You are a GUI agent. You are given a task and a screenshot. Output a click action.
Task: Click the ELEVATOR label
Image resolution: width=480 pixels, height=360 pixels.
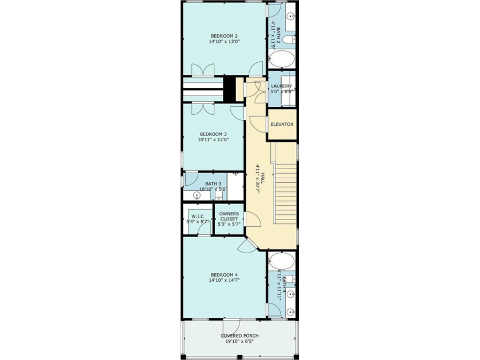tap(282, 125)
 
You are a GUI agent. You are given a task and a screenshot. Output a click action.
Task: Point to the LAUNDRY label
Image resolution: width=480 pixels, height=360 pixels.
tap(282, 86)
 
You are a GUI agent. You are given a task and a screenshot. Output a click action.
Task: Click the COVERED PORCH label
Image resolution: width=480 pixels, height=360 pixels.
tap(240, 335)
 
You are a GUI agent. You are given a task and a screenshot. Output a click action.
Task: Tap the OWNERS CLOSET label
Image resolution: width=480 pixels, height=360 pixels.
tap(229, 216)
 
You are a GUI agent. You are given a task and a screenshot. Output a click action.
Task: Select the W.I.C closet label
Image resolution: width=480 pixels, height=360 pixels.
tap(198, 217)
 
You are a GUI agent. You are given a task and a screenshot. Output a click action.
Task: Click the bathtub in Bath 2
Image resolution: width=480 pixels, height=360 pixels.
tap(282, 59)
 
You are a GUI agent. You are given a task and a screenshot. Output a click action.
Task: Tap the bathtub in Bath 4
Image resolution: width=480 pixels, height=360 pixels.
tap(282, 262)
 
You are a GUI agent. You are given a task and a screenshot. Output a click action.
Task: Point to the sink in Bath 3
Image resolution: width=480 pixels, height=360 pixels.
tap(189, 195)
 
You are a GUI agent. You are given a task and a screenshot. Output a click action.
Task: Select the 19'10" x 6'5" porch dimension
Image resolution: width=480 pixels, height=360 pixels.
tap(240, 342)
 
